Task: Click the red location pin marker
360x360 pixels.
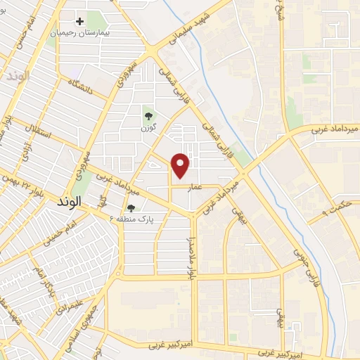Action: pos(181,165)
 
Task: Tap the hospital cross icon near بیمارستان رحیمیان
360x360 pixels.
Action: pos(80,22)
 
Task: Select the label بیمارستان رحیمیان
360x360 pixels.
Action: pos(79,33)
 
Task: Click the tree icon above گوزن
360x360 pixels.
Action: pos(148,116)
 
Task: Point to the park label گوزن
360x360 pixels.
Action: pos(148,127)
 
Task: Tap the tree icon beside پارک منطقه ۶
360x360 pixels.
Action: pos(131,208)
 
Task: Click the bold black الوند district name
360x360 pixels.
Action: pos(67,201)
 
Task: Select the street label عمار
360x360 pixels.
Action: pos(195,187)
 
